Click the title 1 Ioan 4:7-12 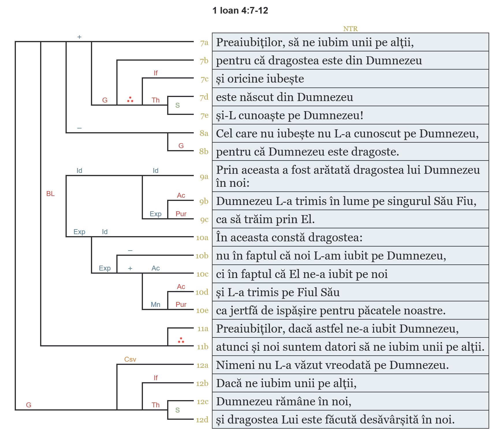pos(240,11)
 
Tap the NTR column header pos(350,29)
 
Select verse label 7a pos(204,43)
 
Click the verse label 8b pos(204,151)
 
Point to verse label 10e pos(202,310)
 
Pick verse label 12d pos(202,420)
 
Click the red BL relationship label pos(50,194)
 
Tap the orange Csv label pos(130,359)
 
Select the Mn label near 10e pos(155,305)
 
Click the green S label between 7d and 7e pos(178,105)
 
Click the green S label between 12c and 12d pos(178,410)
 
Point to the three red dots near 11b pos(181,340)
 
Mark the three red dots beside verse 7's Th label pos(130,100)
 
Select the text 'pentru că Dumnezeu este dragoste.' pos(308,152)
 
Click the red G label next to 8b pos(181,146)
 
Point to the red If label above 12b pos(156,378)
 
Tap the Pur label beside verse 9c pos(181,214)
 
